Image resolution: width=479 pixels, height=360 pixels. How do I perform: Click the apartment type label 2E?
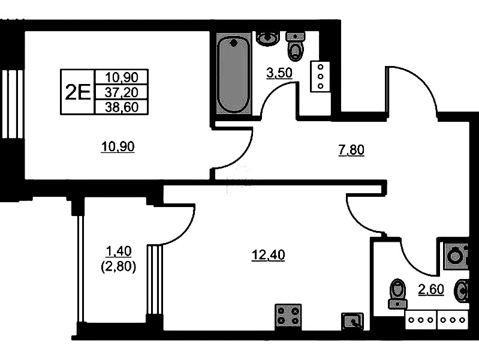tap(78, 92)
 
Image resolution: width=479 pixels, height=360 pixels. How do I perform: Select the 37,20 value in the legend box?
tap(122, 92)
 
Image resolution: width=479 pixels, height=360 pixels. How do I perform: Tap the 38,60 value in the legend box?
tap(122, 107)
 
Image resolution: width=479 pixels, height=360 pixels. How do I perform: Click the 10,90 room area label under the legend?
tap(118, 147)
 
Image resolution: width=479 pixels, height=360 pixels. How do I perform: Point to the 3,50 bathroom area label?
tap(279, 73)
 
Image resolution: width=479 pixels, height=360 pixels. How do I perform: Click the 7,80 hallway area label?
tap(351, 151)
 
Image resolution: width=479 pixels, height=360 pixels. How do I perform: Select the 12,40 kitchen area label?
tap(268, 255)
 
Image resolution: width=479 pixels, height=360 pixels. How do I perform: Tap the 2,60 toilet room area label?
tap(430, 289)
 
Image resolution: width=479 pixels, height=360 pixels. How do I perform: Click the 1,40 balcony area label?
tap(118, 251)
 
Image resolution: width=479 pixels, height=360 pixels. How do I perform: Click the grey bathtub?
tap(234, 73)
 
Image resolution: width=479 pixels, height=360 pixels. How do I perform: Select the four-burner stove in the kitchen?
tap(288, 317)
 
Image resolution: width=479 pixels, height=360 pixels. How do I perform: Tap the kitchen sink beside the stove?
tap(353, 321)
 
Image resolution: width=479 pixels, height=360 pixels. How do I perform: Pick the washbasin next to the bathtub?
tap(268, 38)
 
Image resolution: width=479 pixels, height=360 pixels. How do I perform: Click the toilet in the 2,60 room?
tap(397, 293)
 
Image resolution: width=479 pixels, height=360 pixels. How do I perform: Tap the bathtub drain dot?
tap(234, 43)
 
